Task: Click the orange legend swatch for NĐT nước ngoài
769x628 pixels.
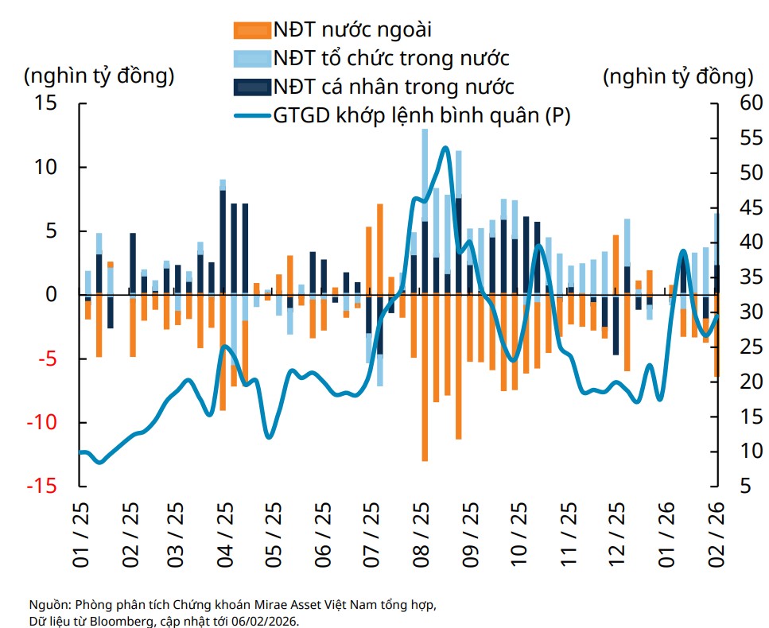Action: click(251, 31)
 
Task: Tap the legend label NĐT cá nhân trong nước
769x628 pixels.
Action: click(393, 86)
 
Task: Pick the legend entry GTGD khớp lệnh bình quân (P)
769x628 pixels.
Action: click(422, 115)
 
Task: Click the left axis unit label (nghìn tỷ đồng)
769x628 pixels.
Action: click(99, 76)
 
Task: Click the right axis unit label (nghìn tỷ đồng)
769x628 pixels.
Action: click(678, 77)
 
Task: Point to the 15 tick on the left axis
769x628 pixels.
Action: click(49, 104)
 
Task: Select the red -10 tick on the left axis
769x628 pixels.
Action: click(44, 422)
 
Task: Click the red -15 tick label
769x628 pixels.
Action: click(44, 486)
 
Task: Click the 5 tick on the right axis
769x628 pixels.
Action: click(736, 486)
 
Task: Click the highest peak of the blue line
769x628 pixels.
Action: click(445, 148)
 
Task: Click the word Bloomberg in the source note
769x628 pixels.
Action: click(111, 620)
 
